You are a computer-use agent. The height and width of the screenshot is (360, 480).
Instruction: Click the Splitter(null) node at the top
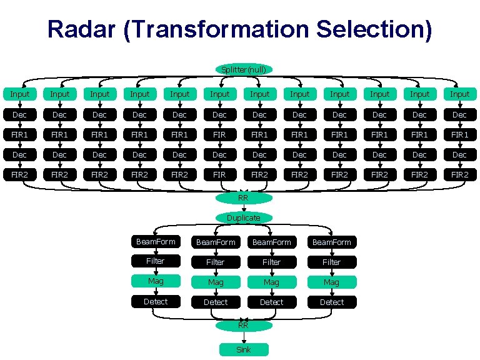point(244,69)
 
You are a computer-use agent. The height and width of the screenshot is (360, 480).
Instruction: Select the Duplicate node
point(244,217)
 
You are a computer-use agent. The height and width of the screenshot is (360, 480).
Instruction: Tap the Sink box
point(244,349)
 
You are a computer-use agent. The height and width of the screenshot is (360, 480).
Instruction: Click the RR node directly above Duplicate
point(244,198)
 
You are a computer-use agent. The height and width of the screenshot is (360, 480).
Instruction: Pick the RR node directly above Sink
point(244,325)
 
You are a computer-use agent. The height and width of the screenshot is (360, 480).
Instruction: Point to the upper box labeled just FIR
point(219,134)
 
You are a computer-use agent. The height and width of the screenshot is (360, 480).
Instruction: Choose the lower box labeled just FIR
point(219,174)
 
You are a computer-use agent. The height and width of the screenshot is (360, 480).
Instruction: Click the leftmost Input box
point(20,94)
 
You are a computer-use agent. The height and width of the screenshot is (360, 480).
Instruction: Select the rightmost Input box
point(459,94)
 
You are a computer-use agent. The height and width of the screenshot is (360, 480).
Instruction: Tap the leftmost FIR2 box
point(20,174)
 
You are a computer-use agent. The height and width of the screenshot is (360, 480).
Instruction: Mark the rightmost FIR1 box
point(459,134)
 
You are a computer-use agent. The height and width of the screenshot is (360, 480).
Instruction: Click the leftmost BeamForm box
point(156,241)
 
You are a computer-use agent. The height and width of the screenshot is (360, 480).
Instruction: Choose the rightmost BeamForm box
point(331,242)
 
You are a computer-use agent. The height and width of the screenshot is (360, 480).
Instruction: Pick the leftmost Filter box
point(156,261)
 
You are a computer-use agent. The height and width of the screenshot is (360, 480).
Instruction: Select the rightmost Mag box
point(331,282)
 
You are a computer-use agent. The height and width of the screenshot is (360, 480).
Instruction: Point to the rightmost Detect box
point(331,302)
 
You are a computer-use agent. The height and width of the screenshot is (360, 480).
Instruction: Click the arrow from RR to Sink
point(244,337)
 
